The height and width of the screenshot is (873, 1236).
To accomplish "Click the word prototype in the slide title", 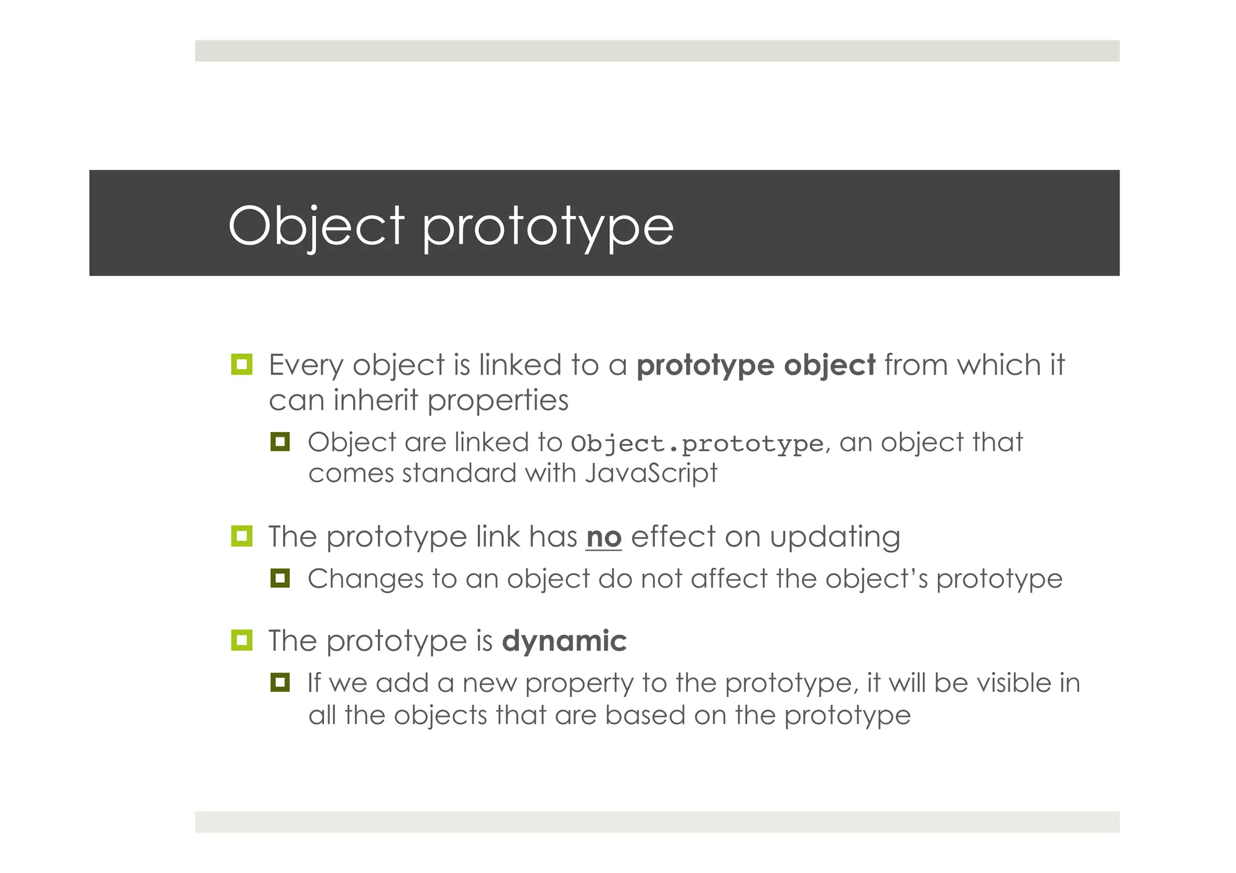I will (547, 228).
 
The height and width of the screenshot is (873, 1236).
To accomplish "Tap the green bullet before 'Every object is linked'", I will (241, 364).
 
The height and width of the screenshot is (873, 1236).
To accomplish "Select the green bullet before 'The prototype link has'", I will (241, 536).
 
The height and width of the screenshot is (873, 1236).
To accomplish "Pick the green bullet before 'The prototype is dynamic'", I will (241, 640).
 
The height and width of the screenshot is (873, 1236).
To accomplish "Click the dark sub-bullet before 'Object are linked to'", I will (280, 442).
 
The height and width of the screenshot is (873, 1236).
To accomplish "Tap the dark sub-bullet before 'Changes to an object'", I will (280, 579).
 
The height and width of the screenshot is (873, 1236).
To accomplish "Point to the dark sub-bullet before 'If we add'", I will (280, 683).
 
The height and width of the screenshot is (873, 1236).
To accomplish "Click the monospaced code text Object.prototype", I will (697, 443).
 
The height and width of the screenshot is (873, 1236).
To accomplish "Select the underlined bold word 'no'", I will (604, 536).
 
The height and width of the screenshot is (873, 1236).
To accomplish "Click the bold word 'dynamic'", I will (564, 641).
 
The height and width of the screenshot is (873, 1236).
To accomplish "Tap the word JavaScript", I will (651, 473).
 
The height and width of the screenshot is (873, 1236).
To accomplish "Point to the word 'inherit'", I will (375, 400).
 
